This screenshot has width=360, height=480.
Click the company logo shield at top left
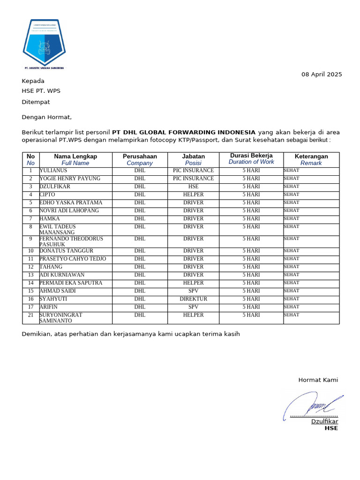[44, 44]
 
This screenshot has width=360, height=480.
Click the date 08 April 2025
[321, 74]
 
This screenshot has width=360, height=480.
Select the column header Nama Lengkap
[75, 157]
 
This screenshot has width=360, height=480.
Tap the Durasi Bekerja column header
[251, 156]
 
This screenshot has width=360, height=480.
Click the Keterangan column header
[311, 157]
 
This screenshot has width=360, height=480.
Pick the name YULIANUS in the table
[53, 171]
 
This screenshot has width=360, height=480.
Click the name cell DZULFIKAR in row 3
[56, 187]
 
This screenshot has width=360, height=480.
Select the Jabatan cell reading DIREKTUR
[193, 299]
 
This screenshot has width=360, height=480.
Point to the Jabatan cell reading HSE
[193, 187]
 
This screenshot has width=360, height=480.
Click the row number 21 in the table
[30, 315]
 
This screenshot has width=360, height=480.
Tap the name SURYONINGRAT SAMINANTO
[61, 318]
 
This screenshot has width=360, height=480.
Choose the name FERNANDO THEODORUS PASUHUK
[71, 241]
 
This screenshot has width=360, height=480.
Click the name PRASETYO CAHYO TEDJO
[73, 259]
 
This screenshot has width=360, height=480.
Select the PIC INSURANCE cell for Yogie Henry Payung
[193, 179]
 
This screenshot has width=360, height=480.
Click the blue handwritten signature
[312, 404]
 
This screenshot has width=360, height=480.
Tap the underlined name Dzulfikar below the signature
[324, 421]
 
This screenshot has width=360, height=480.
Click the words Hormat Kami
[318, 380]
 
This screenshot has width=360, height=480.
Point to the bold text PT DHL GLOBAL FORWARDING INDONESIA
[184, 132]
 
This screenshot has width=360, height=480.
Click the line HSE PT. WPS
[41, 91]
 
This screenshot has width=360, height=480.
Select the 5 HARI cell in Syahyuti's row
[251, 299]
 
